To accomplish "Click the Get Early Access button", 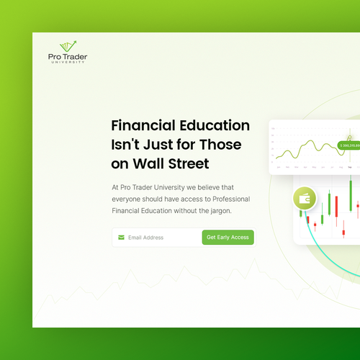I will (x=228, y=237).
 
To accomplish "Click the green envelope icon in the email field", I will (x=121, y=237).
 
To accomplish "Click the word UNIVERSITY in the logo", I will (x=68, y=62).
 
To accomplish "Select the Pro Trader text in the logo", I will (x=68, y=56).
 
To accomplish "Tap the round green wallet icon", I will (x=305, y=199).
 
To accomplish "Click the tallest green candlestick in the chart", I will (x=350, y=196).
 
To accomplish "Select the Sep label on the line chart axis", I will (x=350, y=166).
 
